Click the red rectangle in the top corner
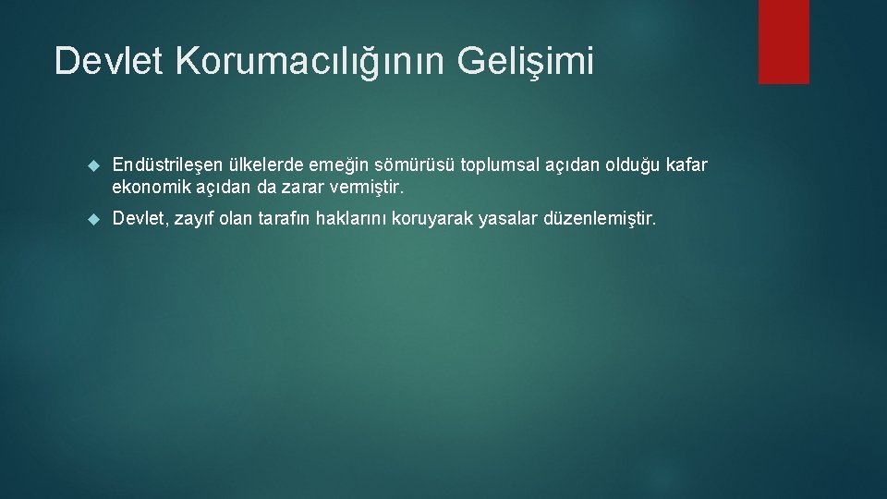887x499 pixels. (x=784, y=42)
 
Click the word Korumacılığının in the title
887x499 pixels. (x=307, y=61)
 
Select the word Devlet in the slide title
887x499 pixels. (x=110, y=61)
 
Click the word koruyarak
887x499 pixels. (x=433, y=219)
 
